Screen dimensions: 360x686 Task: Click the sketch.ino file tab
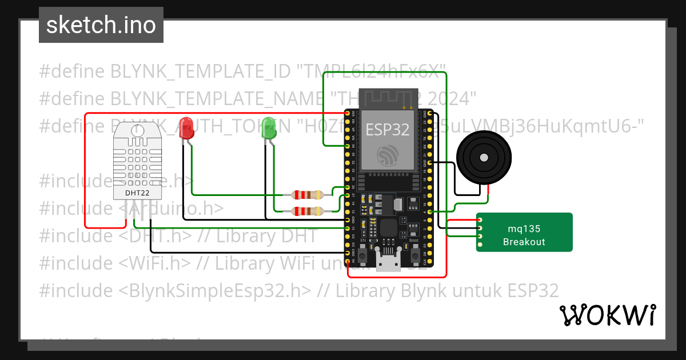[101, 25]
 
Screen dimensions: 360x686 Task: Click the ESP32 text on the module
[388, 130]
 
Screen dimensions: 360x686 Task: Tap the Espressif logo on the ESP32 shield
[388, 155]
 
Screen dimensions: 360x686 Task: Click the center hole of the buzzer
[484, 157]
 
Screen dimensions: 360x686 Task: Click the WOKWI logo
[607, 315]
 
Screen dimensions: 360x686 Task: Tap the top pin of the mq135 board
[480, 220]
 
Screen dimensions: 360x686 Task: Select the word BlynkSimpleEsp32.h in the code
[216, 291]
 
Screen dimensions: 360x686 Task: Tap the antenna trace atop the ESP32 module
[388, 98]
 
